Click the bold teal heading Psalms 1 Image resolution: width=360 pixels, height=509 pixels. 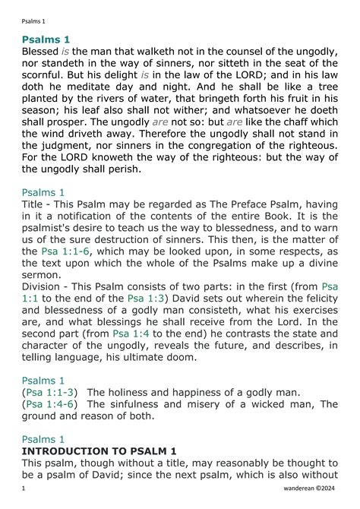46,39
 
